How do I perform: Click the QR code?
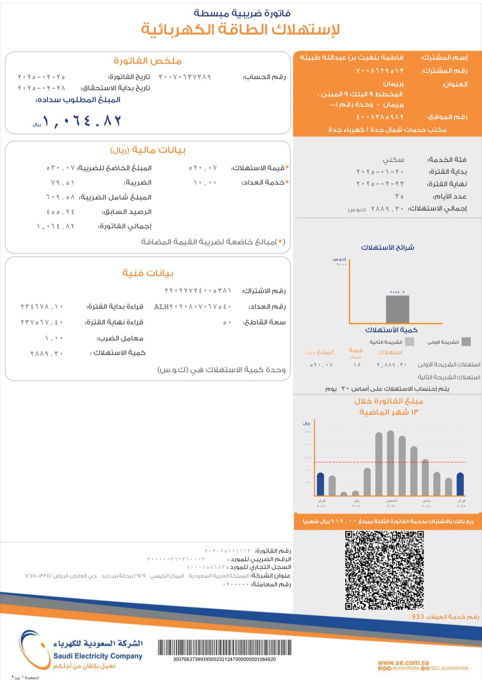(x=384, y=570)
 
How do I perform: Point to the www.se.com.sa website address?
(x=403, y=662)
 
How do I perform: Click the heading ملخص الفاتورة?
(x=147, y=61)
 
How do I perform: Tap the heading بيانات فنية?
(x=148, y=273)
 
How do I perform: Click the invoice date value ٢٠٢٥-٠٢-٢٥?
(x=41, y=77)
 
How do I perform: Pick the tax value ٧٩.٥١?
(x=62, y=183)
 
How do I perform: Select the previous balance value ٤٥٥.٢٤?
(x=61, y=212)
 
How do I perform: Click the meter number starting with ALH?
(x=192, y=306)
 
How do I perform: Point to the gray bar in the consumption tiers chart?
(x=397, y=309)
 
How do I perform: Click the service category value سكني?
(x=393, y=159)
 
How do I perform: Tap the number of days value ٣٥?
(x=399, y=196)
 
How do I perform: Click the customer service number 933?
(x=417, y=616)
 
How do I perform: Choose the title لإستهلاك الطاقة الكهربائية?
(x=240, y=29)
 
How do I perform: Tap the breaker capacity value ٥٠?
(x=227, y=322)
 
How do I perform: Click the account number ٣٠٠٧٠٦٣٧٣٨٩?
(x=185, y=77)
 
